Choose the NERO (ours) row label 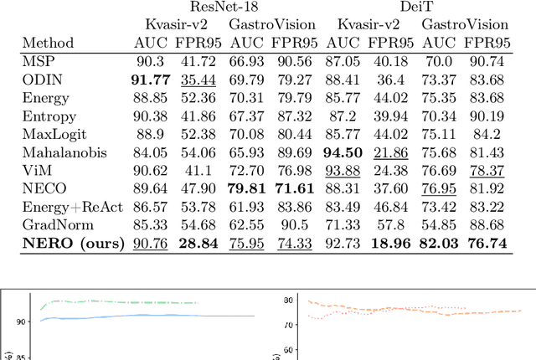tap(73, 244)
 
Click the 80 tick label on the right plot tap(287, 300)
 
